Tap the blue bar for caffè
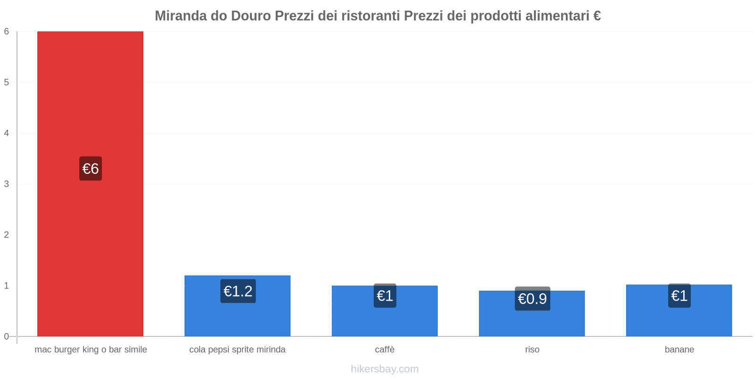pyautogui.click(x=385, y=321)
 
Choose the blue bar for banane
pyautogui.click(x=679, y=321)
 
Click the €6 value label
pyautogui.click(x=91, y=169)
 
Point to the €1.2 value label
pyautogui.click(x=238, y=291)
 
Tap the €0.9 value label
pyautogui.click(x=532, y=299)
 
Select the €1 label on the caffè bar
pyautogui.click(x=385, y=296)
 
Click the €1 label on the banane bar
pyautogui.click(x=679, y=296)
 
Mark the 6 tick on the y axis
pyautogui.click(x=7, y=32)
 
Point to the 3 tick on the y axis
pyautogui.click(x=7, y=184)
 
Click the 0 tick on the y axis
pyautogui.click(x=7, y=336)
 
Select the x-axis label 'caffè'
pyautogui.click(x=385, y=350)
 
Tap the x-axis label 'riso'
pyautogui.click(x=532, y=350)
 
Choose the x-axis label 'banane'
pyautogui.click(x=679, y=350)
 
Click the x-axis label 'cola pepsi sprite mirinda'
pyautogui.click(x=237, y=350)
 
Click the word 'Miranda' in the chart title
pyautogui.click(x=180, y=16)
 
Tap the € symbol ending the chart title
pyautogui.click(x=597, y=16)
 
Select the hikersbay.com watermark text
pyautogui.click(x=385, y=369)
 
